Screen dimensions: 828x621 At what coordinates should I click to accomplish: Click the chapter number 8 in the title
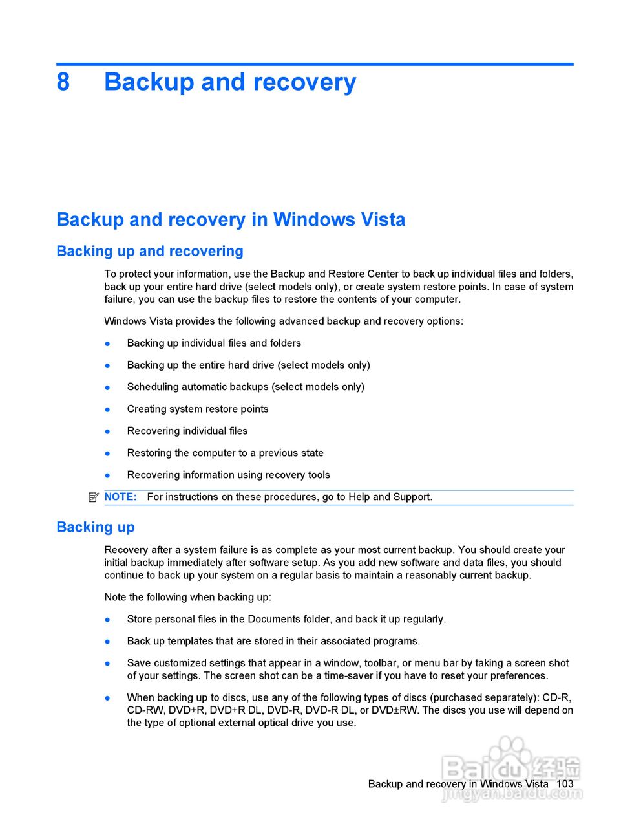tap(63, 82)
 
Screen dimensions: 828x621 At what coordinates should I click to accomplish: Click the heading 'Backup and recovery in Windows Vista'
tap(231, 219)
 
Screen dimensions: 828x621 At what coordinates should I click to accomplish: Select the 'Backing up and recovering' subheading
tap(150, 251)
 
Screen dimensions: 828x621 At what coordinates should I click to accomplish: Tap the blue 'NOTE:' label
tap(121, 497)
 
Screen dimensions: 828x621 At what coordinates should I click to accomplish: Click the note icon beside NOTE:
tap(94, 497)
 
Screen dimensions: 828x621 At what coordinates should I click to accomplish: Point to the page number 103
tap(565, 783)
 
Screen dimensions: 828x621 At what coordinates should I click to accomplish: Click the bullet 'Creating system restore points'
tap(198, 409)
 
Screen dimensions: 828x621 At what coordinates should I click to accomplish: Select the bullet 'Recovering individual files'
tap(187, 431)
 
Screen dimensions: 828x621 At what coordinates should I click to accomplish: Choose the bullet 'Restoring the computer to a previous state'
tap(225, 453)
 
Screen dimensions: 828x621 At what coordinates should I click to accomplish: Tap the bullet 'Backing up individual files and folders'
tap(214, 343)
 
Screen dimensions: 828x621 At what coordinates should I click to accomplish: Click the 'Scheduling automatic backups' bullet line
tap(246, 387)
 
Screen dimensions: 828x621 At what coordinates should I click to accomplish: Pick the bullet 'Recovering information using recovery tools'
tap(228, 475)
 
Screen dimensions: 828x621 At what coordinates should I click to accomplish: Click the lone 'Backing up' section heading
tap(96, 527)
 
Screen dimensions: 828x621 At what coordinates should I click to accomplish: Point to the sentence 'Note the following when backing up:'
tap(187, 597)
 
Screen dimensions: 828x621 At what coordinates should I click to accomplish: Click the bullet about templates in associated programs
tap(273, 641)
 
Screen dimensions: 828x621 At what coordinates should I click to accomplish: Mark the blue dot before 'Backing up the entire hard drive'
tap(108, 365)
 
